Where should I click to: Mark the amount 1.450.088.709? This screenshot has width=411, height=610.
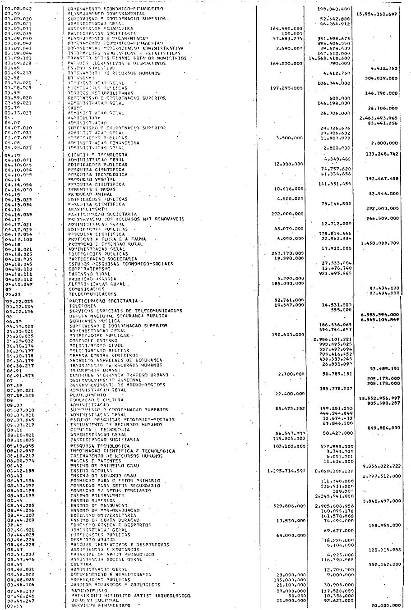pos(379,243)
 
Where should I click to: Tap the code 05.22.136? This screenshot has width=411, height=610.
pos(17,311)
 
